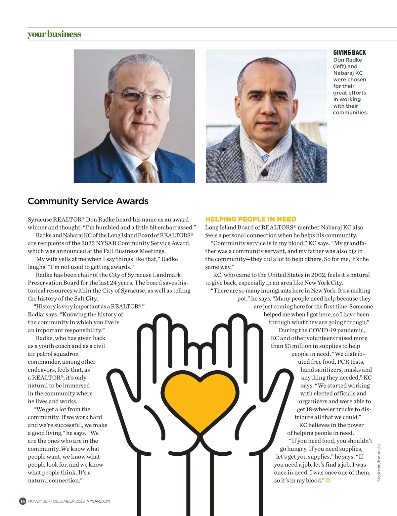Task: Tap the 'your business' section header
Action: [x=54, y=34]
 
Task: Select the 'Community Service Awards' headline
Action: [x=88, y=201]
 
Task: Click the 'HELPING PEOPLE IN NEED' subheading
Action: [x=250, y=219]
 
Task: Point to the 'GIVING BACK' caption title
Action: [x=349, y=53]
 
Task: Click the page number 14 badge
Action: [x=22, y=501]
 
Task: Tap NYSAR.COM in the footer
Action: [x=98, y=501]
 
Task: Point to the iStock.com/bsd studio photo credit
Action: [x=379, y=463]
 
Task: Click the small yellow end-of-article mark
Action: [x=328, y=481]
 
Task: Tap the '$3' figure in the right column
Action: [x=287, y=346]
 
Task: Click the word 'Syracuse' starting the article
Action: [x=40, y=220]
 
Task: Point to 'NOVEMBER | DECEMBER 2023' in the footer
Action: [x=56, y=501]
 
